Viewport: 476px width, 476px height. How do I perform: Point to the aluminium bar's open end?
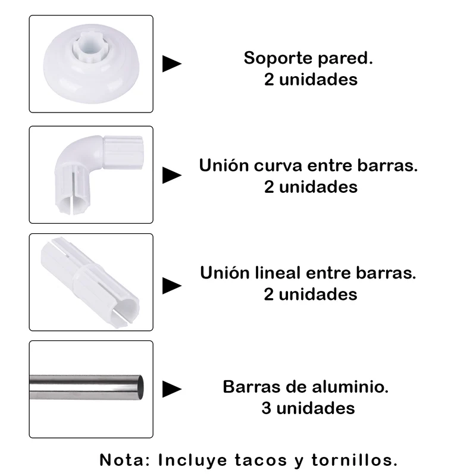tap(140, 387)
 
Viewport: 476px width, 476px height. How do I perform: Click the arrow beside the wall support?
tap(172, 64)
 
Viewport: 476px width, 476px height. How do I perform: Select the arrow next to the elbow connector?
tap(172, 175)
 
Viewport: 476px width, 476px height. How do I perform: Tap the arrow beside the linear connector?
tap(172, 286)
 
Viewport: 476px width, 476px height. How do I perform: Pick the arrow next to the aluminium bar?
tap(172, 389)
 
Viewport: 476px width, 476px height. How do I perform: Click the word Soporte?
tap(278, 58)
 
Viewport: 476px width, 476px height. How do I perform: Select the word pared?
tap(345, 58)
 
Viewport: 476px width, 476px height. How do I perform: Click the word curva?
tap(278, 166)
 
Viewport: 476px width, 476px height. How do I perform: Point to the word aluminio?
tap(350, 387)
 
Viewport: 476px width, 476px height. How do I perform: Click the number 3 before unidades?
tap(266, 408)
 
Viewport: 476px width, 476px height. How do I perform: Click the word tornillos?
tap(354, 460)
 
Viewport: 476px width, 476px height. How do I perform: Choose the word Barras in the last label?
tap(250, 387)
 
